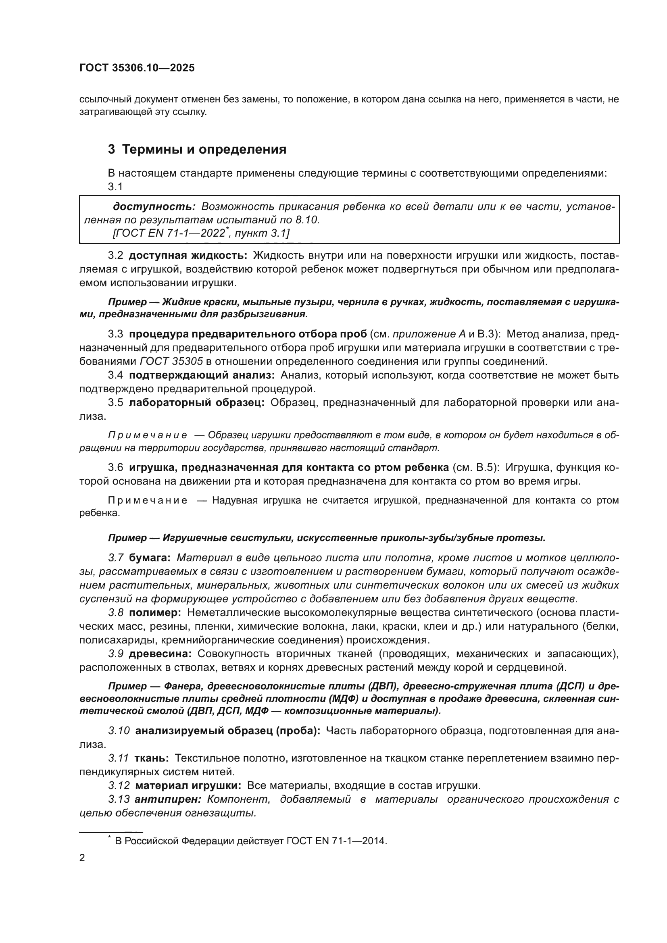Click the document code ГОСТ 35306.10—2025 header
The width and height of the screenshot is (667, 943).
pos(137,68)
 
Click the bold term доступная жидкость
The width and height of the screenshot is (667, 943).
pos(188,256)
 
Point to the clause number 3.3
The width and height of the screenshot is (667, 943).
pos(115,334)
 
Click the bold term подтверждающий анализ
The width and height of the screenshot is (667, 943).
pos(202,375)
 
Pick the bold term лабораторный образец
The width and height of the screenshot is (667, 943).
pos(197,402)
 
